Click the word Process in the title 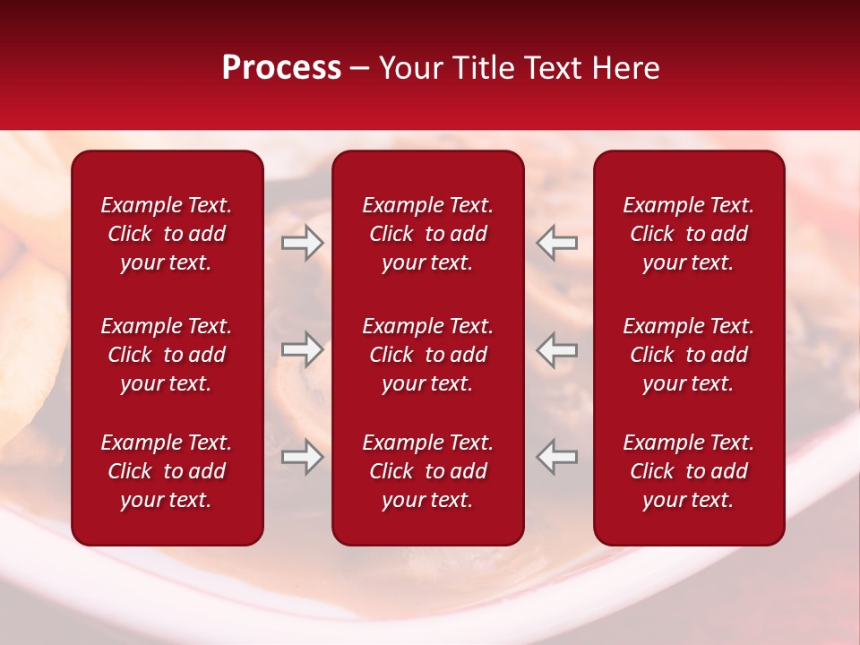pos(281,68)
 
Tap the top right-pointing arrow pos(302,243)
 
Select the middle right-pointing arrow pos(302,349)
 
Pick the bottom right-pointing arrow pos(302,457)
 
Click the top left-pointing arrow pos(557,243)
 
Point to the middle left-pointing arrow pos(557,349)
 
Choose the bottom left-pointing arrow pos(557,457)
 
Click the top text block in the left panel pos(167,234)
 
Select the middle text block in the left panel pos(167,355)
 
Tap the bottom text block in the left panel pos(167,471)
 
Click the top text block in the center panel pos(427,234)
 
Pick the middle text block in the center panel pos(427,355)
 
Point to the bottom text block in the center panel pos(427,471)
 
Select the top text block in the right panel pos(688,234)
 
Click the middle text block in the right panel pos(688,355)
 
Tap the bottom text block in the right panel pos(688,471)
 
